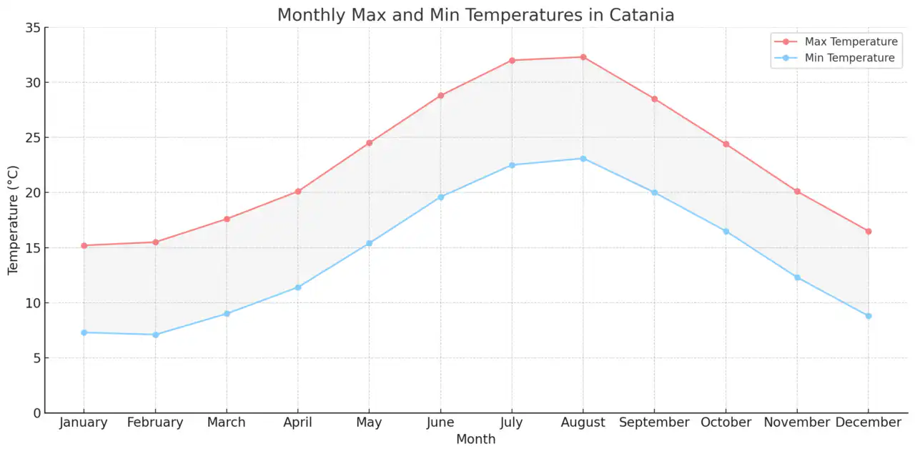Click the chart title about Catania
[475, 15]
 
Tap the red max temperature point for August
[583, 57]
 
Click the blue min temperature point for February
[155, 335]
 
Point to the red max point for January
[84, 245]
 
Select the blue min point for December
[869, 316]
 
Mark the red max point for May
[369, 143]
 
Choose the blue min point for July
[512, 165]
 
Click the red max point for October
[726, 144]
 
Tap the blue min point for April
[298, 287]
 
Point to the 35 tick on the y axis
[33, 28]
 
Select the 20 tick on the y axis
[33, 193]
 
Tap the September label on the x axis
[654, 423]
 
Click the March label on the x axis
[227, 423]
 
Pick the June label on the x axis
[440, 423]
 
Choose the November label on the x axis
[797, 423]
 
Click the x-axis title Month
[475, 439]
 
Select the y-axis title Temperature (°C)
[14, 220]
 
